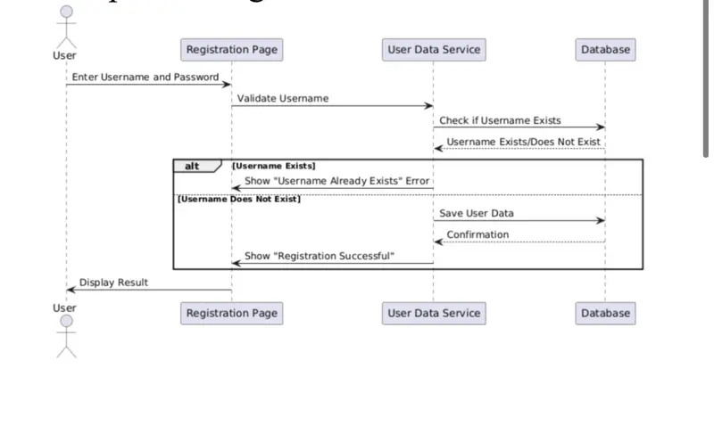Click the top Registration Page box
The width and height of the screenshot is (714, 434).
[x=232, y=50]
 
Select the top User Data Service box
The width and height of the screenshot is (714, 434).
[x=434, y=50]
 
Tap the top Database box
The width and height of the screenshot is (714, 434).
[x=605, y=50]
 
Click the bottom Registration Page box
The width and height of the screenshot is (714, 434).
[x=232, y=313]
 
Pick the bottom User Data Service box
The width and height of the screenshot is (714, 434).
[x=434, y=313]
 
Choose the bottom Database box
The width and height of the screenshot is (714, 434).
[x=605, y=313]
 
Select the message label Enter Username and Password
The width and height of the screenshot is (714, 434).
[x=145, y=78]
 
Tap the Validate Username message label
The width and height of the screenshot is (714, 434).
[x=283, y=99]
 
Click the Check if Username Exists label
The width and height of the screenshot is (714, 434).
[x=500, y=120]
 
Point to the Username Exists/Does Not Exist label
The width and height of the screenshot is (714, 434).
[x=524, y=142]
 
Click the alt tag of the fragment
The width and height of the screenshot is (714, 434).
[x=193, y=166]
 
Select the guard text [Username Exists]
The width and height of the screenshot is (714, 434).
[x=274, y=166]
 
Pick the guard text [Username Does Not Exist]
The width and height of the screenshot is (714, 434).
[x=239, y=199]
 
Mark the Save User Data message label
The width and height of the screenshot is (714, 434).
[x=477, y=214]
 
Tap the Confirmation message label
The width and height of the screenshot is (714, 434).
[x=477, y=235]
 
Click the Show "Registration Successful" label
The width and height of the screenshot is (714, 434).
[x=320, y=257]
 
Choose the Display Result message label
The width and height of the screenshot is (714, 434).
[x=113, y=283]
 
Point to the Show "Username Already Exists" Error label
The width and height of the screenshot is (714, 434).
[x=337, y=182]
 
